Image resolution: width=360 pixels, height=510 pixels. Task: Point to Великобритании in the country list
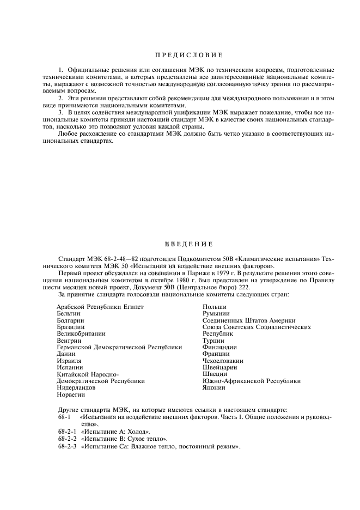81,333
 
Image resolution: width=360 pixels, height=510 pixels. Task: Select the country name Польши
214,307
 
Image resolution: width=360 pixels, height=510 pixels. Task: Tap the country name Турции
213,341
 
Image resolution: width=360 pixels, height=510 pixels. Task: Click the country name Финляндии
219,347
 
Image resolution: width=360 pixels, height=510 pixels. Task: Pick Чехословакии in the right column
223,361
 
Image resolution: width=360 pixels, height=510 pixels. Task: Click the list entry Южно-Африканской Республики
251,381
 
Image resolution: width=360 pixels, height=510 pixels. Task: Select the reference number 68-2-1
68,431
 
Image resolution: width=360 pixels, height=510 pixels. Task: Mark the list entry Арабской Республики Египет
100,307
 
